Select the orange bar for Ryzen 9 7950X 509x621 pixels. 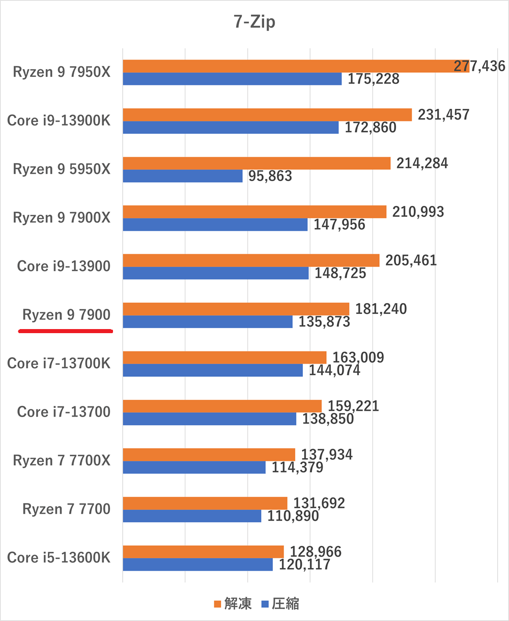[295, 66]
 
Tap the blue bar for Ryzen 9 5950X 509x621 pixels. [182, 176]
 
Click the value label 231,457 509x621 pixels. [443, 114]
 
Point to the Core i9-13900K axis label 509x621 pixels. [59, 121]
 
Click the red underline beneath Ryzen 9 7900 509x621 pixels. [65, 331]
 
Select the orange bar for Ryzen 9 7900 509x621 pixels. [236, 309]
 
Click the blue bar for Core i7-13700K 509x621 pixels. [212, 370]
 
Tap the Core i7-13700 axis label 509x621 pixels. [64, 411]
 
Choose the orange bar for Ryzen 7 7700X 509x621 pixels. [209, 455]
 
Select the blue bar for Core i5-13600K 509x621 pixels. [197, 565]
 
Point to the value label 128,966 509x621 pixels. [316, 552]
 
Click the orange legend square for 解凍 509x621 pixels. [217, 604]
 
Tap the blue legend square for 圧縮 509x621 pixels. [264, 604]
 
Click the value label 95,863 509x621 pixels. [270, 176]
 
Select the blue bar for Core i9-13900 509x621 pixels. [215, 273]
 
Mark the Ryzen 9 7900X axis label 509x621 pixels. [61, 218]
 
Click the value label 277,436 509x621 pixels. [480, 66]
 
